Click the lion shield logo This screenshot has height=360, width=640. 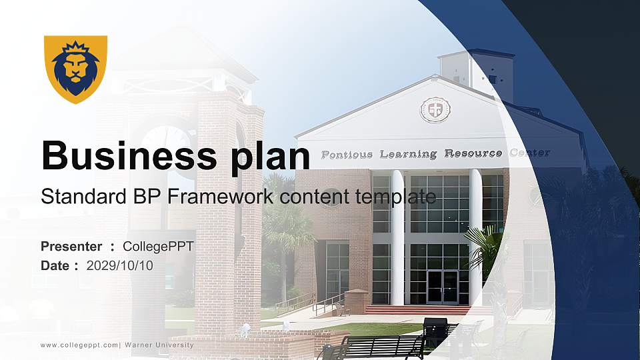[x=75, y=69]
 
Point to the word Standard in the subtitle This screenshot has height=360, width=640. [x=77, y=197]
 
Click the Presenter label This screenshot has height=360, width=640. [x=71, y=247]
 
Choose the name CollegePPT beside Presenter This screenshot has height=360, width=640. [x=158, y=247]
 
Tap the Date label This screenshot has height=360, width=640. [x=55, y=265]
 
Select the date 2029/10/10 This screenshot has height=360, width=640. [x=120, y=265]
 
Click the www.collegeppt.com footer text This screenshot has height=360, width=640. [x=79, y=345]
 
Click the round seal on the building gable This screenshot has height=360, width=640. [x=435, y=109]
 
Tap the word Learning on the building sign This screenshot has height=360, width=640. [x=408, y=154]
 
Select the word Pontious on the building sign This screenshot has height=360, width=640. [x=347, y=155]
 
